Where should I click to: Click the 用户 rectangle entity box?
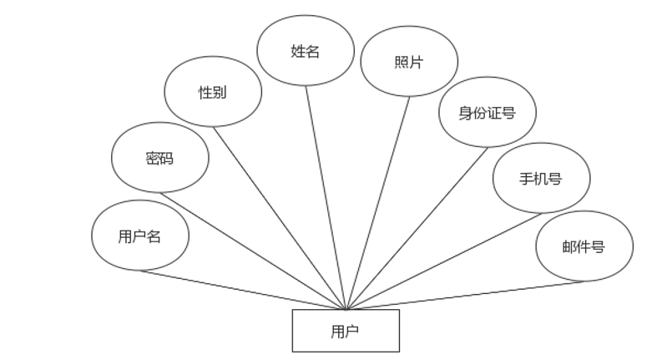(346, 331)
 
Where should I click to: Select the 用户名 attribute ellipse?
(140, 236)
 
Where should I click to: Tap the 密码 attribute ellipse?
(159, 158)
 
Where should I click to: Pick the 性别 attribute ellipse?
(212, 92)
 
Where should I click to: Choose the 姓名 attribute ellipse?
(305, 51)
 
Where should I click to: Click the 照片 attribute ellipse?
(409, 62)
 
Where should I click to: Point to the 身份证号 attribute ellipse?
(487, 112)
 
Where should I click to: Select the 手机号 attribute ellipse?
(541, 178)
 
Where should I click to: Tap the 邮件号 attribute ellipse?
(584, 246)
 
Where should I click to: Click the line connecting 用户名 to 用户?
(242, 290)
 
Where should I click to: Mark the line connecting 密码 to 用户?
(250, 250)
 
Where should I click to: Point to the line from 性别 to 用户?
(280, 218)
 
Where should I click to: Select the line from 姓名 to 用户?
(326, 197)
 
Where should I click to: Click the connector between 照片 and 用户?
(378, 203)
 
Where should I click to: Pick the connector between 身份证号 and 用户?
(417, 228)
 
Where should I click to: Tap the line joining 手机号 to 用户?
(443, 261)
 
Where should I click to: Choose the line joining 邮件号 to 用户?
(465, 296)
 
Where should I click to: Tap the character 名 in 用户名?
(154, 236)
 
